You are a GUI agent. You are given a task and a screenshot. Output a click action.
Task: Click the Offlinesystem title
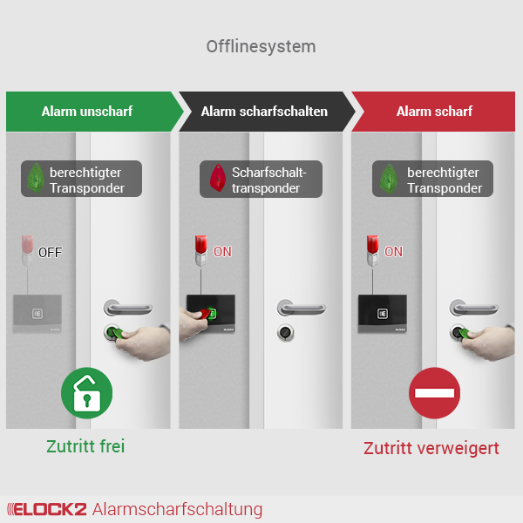point(261,47)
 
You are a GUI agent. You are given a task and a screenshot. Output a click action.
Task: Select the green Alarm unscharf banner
point(94,112)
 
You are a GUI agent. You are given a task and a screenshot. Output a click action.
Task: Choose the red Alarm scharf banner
point(433,112)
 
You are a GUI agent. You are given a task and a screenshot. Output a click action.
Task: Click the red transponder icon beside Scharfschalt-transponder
point(217,178)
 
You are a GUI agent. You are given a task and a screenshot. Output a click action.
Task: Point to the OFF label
point(51,253)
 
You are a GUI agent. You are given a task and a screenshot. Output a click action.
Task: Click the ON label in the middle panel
point(222,252)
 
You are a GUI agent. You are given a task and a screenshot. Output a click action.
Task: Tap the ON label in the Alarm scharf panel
point(394,252)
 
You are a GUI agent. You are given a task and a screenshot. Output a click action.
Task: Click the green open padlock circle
point(86,393)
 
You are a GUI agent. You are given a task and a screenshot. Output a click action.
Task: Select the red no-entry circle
point(434,393)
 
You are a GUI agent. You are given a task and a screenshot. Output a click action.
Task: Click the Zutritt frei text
point(85,446)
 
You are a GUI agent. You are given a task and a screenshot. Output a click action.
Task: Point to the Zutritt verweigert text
point(431,449)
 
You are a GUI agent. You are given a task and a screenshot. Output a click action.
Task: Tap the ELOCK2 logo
point(47,509)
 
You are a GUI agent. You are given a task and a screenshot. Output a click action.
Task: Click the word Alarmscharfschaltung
point(178,509)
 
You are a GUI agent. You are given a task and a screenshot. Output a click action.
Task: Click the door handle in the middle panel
point(302,308)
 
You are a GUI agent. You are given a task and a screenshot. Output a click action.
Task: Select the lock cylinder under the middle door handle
point(286,333)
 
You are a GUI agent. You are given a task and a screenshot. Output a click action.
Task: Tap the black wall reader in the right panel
point(383,314)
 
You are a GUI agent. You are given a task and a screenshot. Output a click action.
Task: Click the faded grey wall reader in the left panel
point(37,314)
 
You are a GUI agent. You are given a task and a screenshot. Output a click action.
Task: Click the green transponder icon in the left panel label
point(36,178)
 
